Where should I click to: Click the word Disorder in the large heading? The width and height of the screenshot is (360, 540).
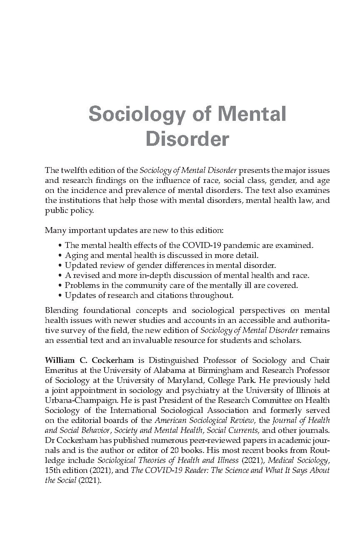(x=187, y=139)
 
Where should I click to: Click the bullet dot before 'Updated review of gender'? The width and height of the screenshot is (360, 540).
(x=61, y=266)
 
